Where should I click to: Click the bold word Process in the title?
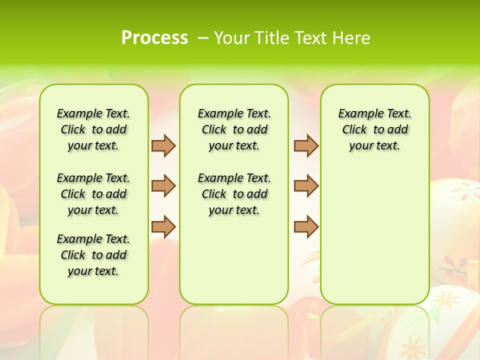(x=154, y=37)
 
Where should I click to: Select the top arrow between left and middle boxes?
(x=163, y=145)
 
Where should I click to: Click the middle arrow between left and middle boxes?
(x=163, y=186)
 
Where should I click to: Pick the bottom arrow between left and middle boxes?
(x=163, y=226)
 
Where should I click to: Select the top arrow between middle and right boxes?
(x=306, y=145)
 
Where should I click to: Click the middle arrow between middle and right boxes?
(x=306, y=186)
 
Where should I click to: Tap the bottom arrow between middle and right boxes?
(x=306, y=226)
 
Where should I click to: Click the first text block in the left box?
(x=93, y=129)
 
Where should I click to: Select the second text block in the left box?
(x=93, y=194)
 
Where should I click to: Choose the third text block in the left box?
(x=93, y=255)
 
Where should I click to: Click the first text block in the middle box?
(x=234, y=129)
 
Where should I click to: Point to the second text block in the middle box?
(x=234, y=194)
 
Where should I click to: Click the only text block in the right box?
(x=375, y=129)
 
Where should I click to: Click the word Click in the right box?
(x=354, y=130)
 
